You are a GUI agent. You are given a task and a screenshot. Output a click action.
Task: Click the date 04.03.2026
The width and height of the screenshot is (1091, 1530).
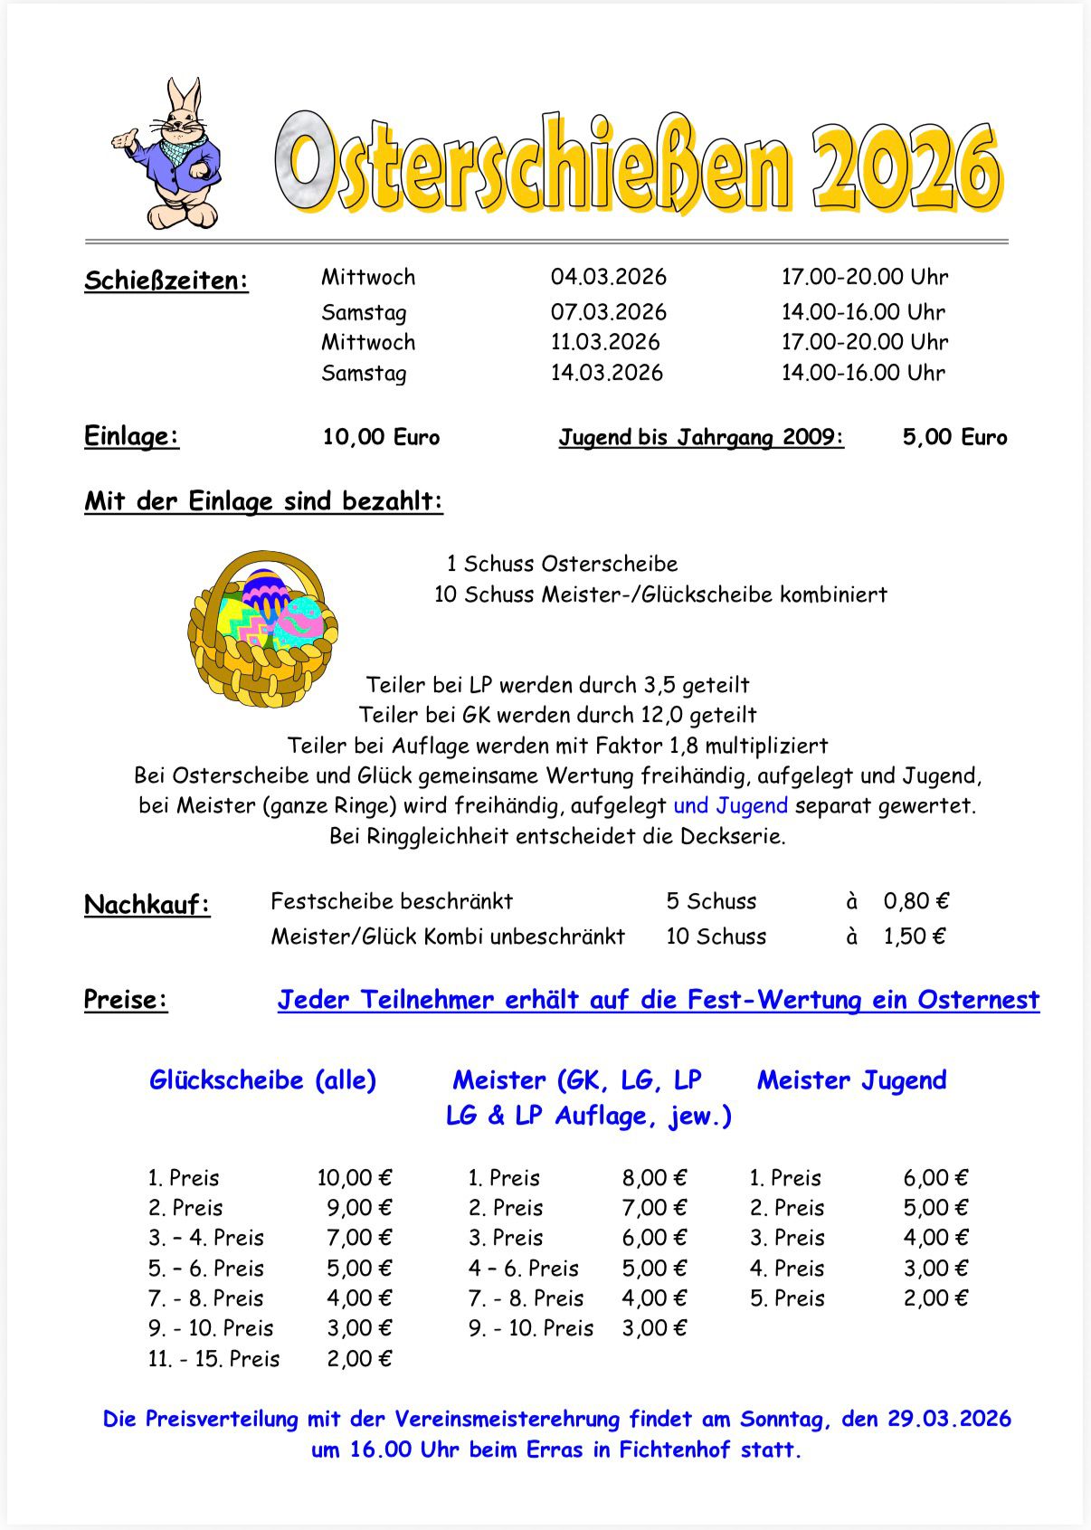click(608, 277)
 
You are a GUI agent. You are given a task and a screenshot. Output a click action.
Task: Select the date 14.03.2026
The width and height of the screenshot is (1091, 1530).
click(606, 373)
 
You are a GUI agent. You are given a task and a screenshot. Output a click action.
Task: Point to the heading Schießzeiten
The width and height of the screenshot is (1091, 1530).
click(166, 280)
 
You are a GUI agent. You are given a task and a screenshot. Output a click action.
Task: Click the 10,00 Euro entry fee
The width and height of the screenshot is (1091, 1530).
click(381, 437)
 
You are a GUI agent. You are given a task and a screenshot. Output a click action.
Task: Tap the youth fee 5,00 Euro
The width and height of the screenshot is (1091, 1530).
click(954, 437)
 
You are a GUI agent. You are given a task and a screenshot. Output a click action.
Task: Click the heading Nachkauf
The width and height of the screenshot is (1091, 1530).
click(147, 905)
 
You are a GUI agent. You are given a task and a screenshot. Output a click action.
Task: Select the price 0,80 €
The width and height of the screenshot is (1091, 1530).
click(916, 901)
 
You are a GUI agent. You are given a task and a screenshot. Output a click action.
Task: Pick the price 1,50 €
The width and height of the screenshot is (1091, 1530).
click(915, 936)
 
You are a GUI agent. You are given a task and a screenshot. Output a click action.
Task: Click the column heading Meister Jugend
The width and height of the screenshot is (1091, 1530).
click(851, 1079)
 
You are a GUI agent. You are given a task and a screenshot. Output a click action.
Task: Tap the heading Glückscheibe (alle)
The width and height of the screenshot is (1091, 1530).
click(262, 1079)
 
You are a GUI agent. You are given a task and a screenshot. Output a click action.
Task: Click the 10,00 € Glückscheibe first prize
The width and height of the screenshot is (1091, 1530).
click(355, 1178)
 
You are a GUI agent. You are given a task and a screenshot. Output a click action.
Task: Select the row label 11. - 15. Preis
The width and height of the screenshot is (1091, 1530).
click(214, 1359)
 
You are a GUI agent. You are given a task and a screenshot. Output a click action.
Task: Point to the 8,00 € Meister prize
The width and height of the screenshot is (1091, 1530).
click(654, 1178)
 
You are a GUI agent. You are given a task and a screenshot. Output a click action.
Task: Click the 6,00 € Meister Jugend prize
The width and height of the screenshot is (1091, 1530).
click(935, 1178)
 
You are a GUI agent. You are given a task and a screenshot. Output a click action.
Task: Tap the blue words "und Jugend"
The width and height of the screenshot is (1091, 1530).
click(730, 805)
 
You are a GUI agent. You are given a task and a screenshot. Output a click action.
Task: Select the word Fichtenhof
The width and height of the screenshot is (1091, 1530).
click(674, 1449)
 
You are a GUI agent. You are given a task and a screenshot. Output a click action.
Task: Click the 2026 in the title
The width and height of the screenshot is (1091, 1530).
click(905, 167)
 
